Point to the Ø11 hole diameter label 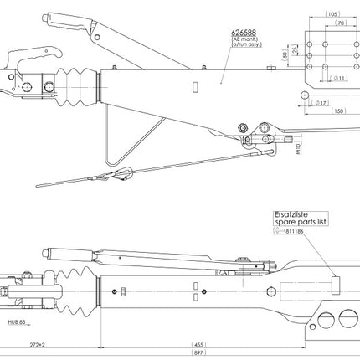[x=342, y=77]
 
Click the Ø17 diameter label [x=321, y=101]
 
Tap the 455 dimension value [x=199, y=344]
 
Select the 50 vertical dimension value [x=285, y=55]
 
